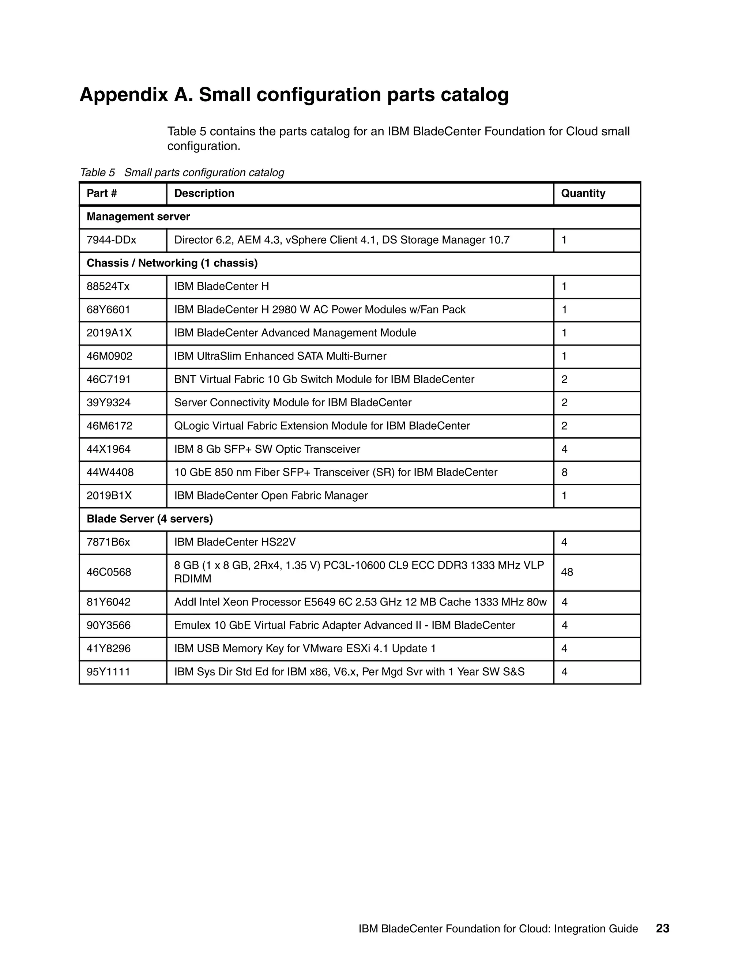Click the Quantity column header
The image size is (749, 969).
(x=583, y=193)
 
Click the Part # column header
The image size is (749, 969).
(x=102, y=193)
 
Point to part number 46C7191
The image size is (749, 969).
(x=109, y=379)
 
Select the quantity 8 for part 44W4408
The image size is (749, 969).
(x=564, y=472)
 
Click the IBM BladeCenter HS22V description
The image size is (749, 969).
(x=235, y=542)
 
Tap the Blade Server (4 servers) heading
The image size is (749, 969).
(x=150, y=519)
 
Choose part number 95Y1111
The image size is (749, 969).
(x=108, y=672)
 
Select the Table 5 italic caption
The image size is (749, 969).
(x=182, y=173)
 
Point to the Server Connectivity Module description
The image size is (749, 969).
(x=293, y=403)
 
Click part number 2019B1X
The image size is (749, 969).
(x=109, y=495)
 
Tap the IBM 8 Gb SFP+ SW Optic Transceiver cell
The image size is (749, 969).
(x=267, y=449)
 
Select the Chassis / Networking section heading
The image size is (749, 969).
(x=172, y=263)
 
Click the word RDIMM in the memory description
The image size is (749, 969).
(x=193, y=579)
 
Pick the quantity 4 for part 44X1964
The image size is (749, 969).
(x=564, y=449)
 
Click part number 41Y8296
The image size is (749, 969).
(x=109, y=649)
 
